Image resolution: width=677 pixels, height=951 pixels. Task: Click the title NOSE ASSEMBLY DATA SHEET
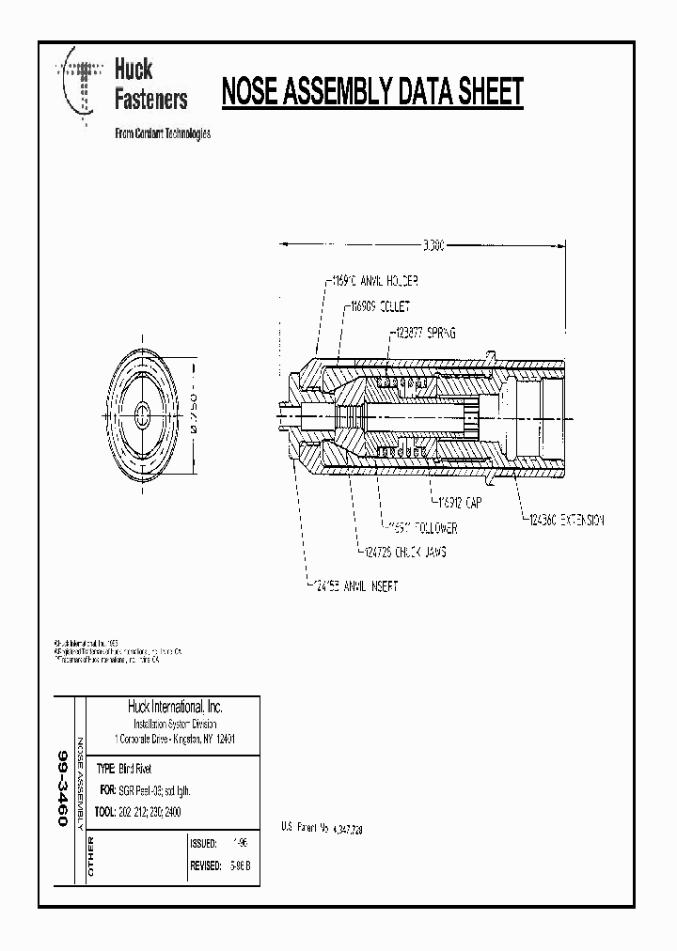coord(371,93)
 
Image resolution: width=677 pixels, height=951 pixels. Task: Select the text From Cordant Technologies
coord(162,133)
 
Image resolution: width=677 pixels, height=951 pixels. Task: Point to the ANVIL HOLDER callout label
coord(373,280)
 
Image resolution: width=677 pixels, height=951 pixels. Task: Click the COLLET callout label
coord(379,305)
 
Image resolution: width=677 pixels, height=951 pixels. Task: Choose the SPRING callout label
coord(428,332)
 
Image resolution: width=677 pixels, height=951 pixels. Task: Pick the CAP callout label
coord(461,504)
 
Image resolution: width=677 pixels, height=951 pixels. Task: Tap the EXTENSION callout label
coord(564,519)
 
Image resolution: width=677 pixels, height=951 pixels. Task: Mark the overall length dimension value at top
coord(433,245)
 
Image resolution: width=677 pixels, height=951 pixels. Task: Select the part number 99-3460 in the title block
coord(63,787)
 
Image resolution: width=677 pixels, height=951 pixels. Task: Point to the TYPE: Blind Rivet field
coord(131,769)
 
